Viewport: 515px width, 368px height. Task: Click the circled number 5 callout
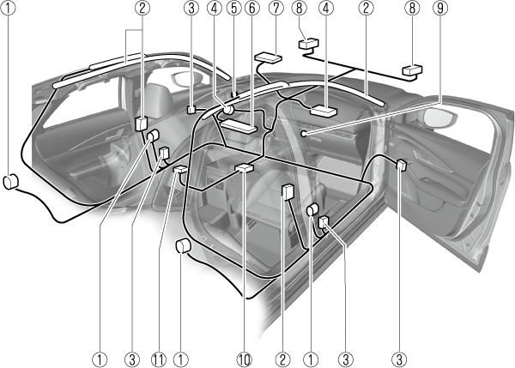pyautogui.click(x=233, y=9)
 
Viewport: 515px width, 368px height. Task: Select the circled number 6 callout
pyautogui.click(x=251, y=9)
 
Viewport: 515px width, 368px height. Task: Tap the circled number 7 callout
pyautogui.click(x=276, y=9)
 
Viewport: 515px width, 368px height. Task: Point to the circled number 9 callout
pyautogui.click(x=440, y=9)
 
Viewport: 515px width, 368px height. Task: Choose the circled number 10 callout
pyautogui.click(x=245, y=359)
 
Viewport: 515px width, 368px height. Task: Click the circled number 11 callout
pyautogui.click(x=159, y=359)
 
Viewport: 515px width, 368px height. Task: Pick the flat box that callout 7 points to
pyautogui.click(x=268, y=57)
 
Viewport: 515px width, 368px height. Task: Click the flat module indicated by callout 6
pyautogui.click(x=239, y=126)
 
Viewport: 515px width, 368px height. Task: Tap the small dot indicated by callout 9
pyautogui.click(x=304, y=134)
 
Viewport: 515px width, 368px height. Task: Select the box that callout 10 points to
pyautogui.click(x=245, y=167)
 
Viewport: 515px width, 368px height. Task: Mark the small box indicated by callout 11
pyautogui.click(x=180, y=170)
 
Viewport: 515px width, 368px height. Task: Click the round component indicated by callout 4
pyautogui.click(x=227, y=109)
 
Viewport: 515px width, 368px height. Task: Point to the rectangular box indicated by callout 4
pyautogui.click(x=324, y=111)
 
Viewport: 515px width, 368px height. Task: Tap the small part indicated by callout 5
pyautogui.click(x=234, y=94)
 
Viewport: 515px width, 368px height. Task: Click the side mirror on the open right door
pyautogui.click(x=439, y=118)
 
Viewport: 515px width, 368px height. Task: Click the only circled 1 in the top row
pyautogui.click(x=8, y=9)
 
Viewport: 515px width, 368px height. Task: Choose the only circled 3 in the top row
pyautogui.click(x=191, y=9)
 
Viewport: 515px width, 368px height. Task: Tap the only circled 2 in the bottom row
pyautogui.click(x=282, y=359)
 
